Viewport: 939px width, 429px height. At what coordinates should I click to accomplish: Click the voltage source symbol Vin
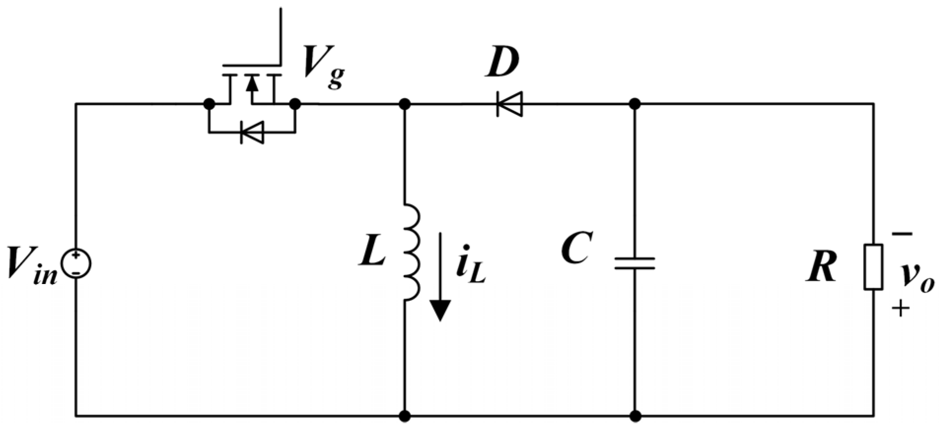[x=76, y=263]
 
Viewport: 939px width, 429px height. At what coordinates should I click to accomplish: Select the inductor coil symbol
[x=412, y=252]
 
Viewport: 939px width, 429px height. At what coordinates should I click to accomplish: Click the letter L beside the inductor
[x=372, y=254]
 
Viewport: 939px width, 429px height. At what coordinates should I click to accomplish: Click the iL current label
[x=470, y=269]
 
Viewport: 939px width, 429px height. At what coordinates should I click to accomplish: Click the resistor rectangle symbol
[x=873, y=267]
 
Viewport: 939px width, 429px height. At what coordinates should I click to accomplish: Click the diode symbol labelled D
[x=509, y=104]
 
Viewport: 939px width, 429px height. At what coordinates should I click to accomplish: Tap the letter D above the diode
[x=502, y=64]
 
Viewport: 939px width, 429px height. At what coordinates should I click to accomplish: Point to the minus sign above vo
[x=901, y=235]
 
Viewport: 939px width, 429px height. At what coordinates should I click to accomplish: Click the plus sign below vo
[x=900, y=309]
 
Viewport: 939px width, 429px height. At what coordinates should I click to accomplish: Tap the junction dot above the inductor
[x=404, y=104]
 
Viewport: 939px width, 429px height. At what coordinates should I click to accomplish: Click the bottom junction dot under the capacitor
[x=635, y=416]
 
